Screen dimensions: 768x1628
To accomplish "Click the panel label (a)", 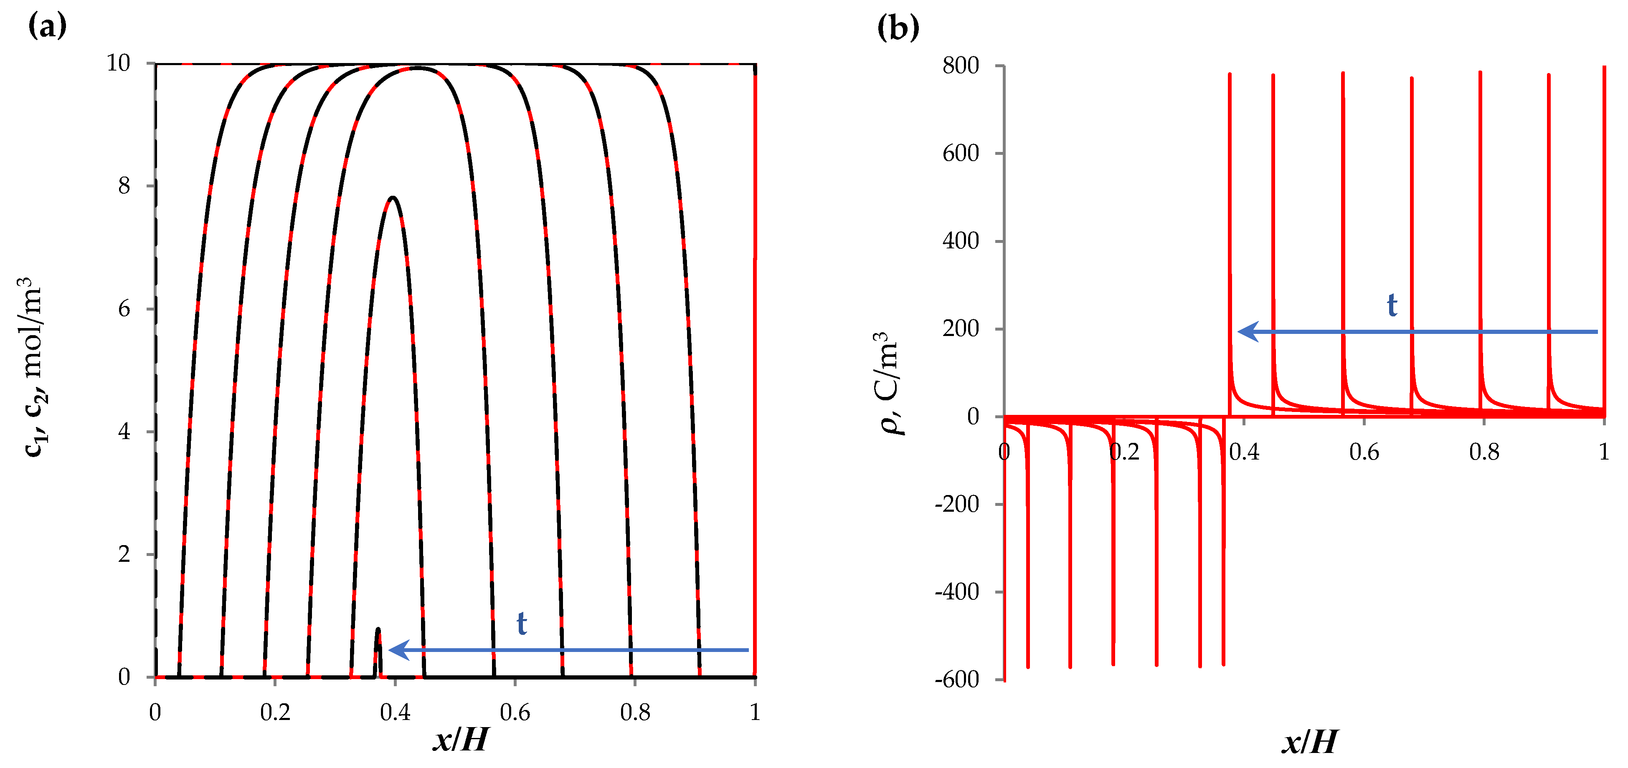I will (47, 27).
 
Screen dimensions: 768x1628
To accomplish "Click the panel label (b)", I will (898, 28).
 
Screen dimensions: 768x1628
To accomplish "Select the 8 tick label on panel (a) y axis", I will (124, 186).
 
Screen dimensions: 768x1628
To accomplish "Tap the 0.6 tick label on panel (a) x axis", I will (515, 712).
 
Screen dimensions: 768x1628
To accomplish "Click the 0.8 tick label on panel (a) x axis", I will (634, 712).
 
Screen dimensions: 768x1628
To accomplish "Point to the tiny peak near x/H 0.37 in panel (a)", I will (378, 630).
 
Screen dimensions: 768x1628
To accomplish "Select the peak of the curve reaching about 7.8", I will (393, 198).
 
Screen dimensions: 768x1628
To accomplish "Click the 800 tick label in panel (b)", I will (960, 66).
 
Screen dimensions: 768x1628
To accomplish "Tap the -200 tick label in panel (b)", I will (957, 504).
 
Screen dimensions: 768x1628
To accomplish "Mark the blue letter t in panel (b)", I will (1392, 305).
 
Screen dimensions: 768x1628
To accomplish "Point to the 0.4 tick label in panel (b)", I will (1244, 452).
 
